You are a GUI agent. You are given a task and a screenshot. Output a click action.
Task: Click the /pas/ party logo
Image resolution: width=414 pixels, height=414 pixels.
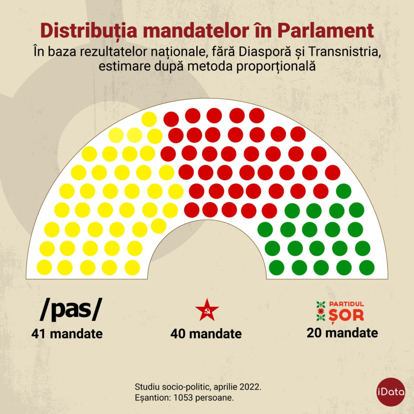click(x=70, y=310)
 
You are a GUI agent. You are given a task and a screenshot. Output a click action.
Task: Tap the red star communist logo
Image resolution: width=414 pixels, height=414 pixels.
click(x=207, y=310)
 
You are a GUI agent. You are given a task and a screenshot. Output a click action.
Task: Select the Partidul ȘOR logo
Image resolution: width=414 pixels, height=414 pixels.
click(x=340, y=310)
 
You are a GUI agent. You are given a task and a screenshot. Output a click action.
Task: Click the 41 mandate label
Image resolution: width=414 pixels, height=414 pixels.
click(x=67, y=334)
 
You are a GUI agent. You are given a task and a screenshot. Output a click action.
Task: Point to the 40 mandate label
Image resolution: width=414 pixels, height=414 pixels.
click(x=206, y=334)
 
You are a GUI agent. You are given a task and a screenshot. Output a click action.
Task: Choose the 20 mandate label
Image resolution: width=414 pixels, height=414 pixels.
click(x=342, y=333)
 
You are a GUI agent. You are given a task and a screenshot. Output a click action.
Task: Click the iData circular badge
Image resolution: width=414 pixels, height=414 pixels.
click(x=391, y=391)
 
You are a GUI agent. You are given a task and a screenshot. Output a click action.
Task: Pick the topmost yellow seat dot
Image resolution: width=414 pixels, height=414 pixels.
click(x=149, y=119)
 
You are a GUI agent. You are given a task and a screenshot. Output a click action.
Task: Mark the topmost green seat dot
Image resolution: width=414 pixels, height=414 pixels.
click(x=344, y=191)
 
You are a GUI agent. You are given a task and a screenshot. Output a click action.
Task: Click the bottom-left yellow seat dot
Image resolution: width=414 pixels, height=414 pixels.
click(x=44, y=267)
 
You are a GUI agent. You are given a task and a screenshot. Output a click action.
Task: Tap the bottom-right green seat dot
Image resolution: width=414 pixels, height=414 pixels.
click(x=367, y=267)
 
